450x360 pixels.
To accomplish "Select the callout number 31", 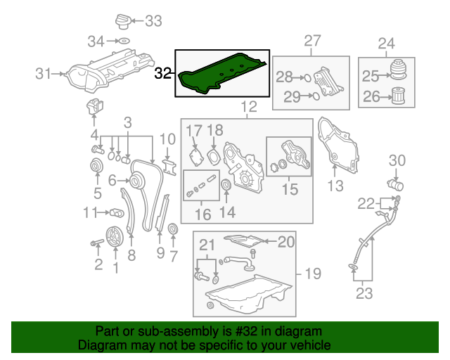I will (x=44, y=72).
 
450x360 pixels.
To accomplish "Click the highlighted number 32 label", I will (x=162, y=72).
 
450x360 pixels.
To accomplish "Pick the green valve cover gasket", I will (x=221, y=74).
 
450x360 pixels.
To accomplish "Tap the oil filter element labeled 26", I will (x=397, y=95).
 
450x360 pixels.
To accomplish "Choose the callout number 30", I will (x=397, y=161).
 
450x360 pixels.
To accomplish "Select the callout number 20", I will (x=285, y=242).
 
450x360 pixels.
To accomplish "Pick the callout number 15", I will (x=290, y=188).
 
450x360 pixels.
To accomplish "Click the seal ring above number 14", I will (x=226, y=186).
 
